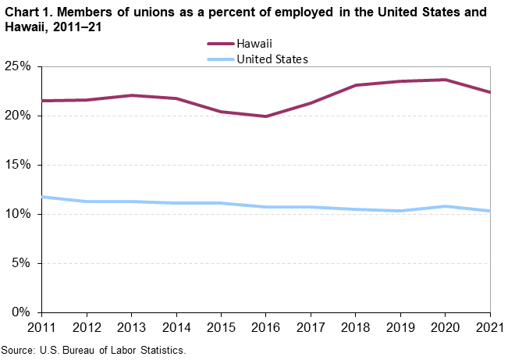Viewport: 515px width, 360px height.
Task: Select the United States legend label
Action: [272, 59]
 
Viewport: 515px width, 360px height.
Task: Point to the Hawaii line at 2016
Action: [265, 116]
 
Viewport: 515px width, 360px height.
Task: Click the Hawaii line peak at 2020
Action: [445, 80]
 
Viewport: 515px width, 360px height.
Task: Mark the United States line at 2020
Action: [445, 206]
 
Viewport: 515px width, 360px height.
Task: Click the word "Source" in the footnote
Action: [17, 350]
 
